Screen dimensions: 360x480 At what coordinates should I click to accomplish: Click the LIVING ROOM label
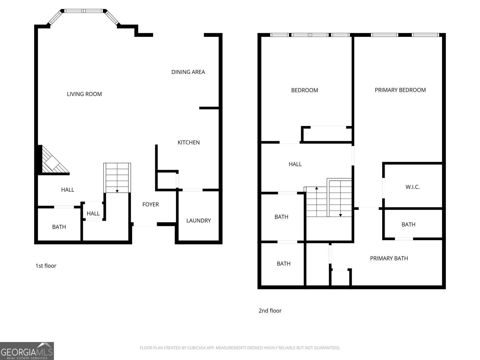click(84, 94)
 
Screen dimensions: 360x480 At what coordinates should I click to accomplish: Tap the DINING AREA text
click(188, 72)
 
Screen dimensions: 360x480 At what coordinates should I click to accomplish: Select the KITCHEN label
click(188, 142)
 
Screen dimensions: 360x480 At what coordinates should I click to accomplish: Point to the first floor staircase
click(117, 178)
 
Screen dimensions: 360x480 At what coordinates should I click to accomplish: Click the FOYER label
click(150, 205)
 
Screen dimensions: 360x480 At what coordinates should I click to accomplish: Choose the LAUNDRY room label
click(198, 221)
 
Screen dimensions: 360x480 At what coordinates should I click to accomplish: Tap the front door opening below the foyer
click(145, 224)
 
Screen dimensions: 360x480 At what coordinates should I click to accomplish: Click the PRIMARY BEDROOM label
click(400, 90)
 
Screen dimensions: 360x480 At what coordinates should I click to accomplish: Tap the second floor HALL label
click(295, 164)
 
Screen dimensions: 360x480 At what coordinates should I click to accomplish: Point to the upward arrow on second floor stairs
click(316, 188)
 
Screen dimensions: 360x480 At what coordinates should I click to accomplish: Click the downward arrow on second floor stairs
click(340, 215)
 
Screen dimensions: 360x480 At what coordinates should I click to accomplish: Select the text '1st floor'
click(46, 266)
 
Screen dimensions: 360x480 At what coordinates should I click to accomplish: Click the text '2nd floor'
click(270, 311)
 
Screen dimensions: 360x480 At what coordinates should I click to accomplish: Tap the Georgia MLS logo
click(27, 351)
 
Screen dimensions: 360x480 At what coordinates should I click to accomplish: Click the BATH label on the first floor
click(59, 227)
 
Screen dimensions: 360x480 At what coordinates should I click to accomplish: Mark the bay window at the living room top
click(84, 11)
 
